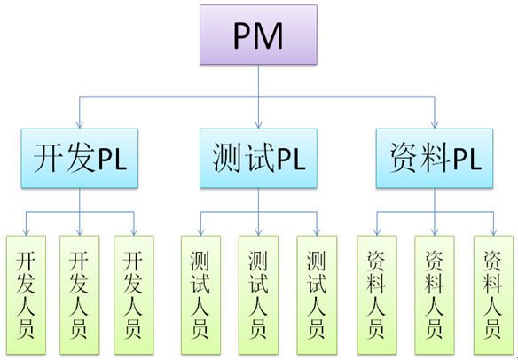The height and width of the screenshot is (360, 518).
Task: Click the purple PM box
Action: click(x=258, y=35)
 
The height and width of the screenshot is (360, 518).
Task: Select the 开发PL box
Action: click(x=80, y=158)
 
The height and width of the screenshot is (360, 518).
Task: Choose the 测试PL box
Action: click(x=258, y=158)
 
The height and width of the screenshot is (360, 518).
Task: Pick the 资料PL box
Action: click(x=435, y=158)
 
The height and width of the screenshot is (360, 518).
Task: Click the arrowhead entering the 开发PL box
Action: click(x=80, y=125)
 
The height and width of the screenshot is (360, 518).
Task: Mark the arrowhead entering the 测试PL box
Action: click(x=259, y=125)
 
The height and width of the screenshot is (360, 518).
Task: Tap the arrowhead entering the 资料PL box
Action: click(x=435, y=125)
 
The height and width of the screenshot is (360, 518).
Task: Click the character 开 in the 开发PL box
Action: click(x=49, y=158)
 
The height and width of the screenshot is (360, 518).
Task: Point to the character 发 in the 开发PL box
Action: click(x=81, y=158)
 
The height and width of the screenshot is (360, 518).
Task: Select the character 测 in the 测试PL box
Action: click(x=227, y=158)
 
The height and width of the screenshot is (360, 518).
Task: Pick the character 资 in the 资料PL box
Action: click(x=404, y=158)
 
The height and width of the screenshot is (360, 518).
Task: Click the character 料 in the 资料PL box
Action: click(x=436, y=158)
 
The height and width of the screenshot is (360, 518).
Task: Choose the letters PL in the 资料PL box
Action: click(x=467, y=160)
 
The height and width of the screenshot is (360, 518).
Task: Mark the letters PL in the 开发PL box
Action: click(x=113, y=160)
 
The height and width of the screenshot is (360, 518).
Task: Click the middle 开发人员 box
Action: click(x=80, y=295)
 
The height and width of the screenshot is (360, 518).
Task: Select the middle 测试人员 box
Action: click(x=258, y=295)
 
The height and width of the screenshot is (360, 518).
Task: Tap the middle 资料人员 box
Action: click(x=435, y=295)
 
